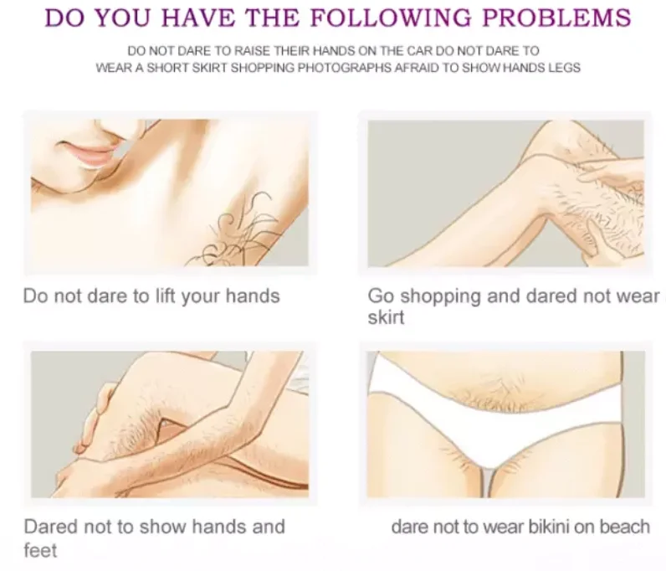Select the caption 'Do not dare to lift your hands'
click(151, 296)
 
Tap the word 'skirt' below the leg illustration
click(386, 317)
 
